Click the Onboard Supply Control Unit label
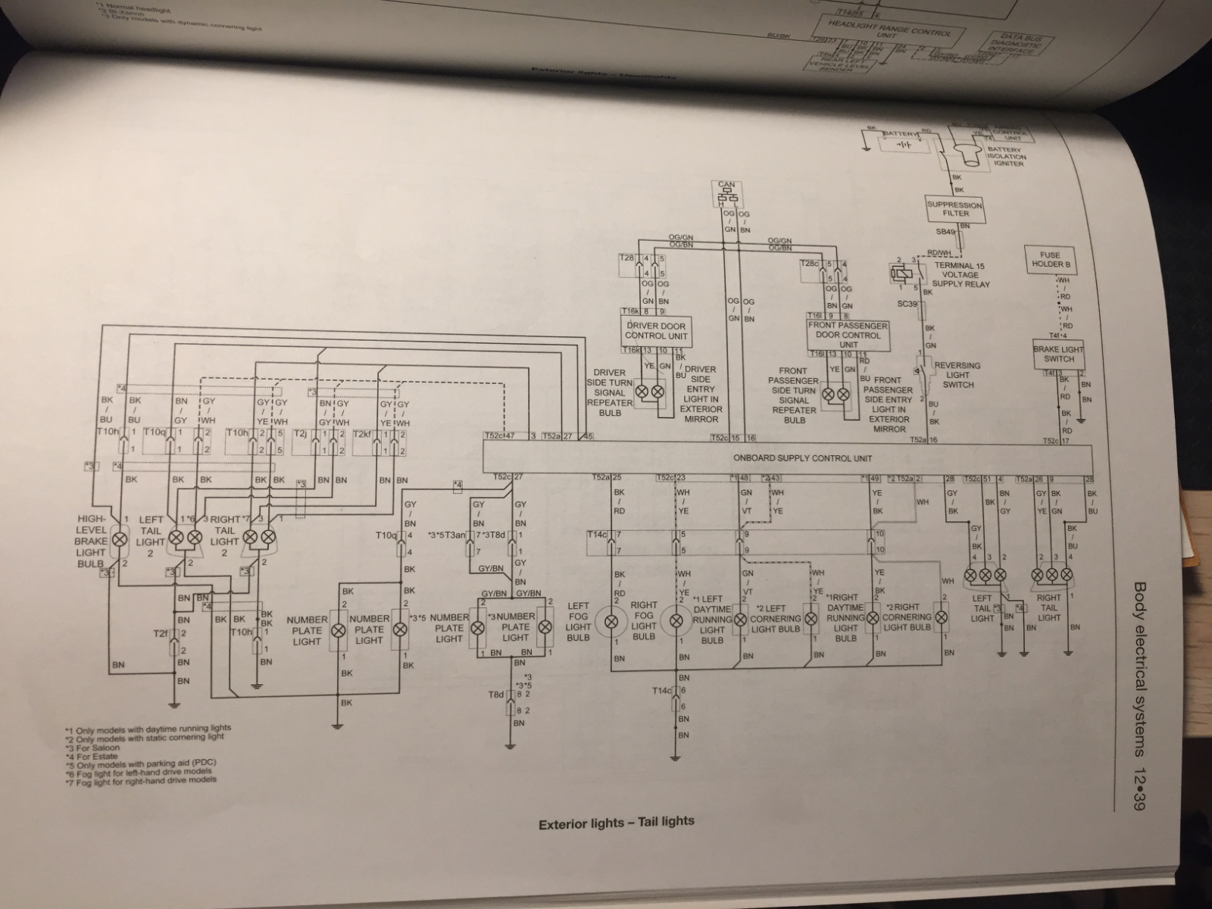coord(802,458)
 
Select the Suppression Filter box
coord(954,209)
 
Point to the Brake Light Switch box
coord(1059,354)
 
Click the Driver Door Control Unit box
coord(655,331)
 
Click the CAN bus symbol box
coord(727,193)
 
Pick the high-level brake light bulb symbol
coord(119,540)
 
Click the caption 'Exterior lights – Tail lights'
coord(616,822)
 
